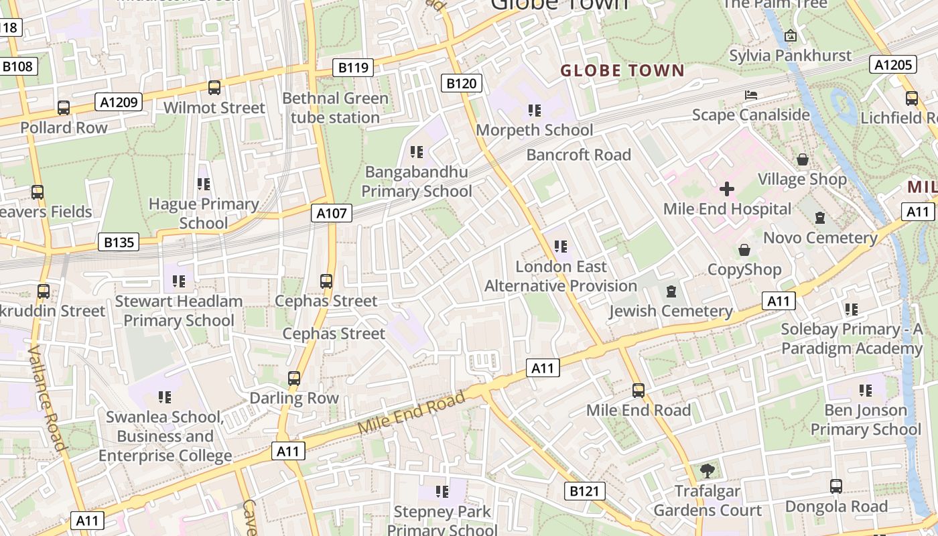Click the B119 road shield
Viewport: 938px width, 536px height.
pos(353,67)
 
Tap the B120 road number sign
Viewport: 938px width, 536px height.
pos(462,84)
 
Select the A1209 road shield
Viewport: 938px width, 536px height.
pos(119,102)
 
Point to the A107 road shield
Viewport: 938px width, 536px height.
pos(332,214)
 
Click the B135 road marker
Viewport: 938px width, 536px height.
pos(119,242)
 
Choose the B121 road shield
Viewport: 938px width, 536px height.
pos(584,491)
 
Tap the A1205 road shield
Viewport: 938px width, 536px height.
pos(893,64)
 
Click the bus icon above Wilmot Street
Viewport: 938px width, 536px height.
pos(214,88)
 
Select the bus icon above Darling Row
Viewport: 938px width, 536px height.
pos(294,379)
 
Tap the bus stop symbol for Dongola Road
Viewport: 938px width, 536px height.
pos(836,486)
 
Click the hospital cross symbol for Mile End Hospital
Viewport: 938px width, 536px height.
pos(727,189)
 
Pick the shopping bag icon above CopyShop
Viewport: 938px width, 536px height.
pos(744,251)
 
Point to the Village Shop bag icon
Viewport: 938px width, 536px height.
pos(802,159)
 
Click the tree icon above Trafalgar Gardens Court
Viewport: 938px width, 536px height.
pos(707,471)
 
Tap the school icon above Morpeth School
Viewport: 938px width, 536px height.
pos(534,110)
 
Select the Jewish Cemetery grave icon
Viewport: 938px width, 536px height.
pos(671,291)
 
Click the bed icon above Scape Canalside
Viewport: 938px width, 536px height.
pos(751,95)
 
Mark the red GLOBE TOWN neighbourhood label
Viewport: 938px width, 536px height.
pos(622,70)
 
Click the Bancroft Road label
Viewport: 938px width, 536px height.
pos(579,155)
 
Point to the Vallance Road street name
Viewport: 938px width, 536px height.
pos(47,398)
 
